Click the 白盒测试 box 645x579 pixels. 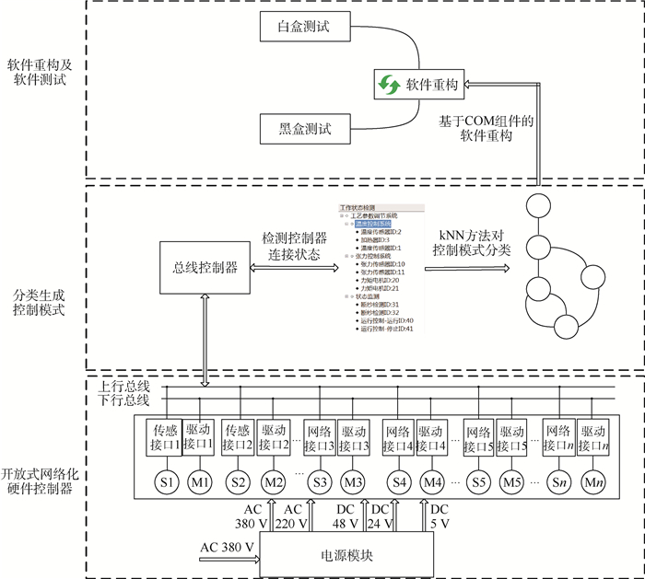307,29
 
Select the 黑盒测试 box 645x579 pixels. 307,127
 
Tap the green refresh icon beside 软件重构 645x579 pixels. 388,85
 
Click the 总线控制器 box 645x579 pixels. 205,267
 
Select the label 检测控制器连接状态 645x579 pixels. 295,245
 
